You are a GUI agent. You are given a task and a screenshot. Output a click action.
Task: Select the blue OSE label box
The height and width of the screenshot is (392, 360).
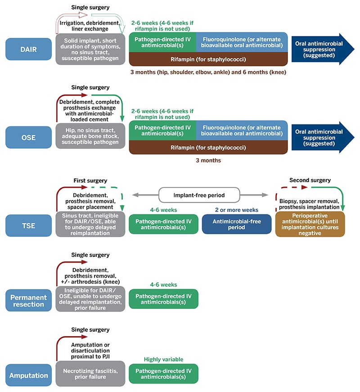[x=28, y=137]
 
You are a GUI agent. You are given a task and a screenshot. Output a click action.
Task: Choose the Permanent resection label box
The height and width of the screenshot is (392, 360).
[x=28, y=300]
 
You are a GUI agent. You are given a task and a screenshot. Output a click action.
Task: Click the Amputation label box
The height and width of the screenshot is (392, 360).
[x=28, y=375]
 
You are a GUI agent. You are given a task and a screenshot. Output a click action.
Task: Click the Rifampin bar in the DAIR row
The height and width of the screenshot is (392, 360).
[x=208, y=59]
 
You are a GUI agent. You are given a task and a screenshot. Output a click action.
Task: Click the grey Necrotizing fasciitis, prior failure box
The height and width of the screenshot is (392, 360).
[x=90, y=374]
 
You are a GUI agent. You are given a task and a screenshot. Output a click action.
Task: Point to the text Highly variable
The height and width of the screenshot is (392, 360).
[x=163, y=359]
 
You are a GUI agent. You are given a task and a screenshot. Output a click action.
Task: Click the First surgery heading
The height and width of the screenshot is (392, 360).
[x=90, y=180]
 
